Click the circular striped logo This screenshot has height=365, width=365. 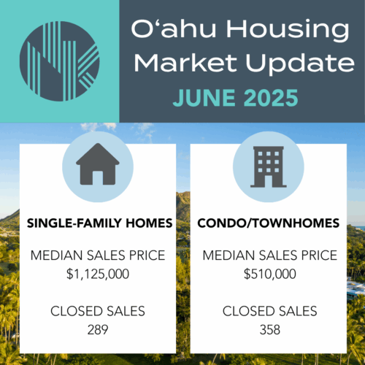point(59,61)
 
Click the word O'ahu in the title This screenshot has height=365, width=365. point(174,28)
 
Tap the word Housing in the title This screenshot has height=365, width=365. point(288,31)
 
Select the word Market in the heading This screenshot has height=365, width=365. point(185,63)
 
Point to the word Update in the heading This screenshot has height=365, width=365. point(300,64)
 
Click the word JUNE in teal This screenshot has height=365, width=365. point(204,98)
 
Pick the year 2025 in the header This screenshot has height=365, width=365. point(271,98)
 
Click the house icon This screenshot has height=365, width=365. point(98,164)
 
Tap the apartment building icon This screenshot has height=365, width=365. point(269,166)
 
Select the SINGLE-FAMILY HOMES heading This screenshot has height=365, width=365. point(99,223)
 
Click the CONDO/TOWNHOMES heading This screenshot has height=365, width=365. point(269,223)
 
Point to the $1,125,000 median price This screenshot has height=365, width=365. point(98,274)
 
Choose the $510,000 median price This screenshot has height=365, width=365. point(270,274)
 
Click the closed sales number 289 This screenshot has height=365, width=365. point(98,330)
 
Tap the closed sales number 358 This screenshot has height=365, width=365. point(270,330)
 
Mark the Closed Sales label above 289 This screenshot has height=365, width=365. point(98,311)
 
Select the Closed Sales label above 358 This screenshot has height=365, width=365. point(270,311)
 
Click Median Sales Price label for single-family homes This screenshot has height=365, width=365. point(98,255)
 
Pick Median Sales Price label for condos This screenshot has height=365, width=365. point(270,255)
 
